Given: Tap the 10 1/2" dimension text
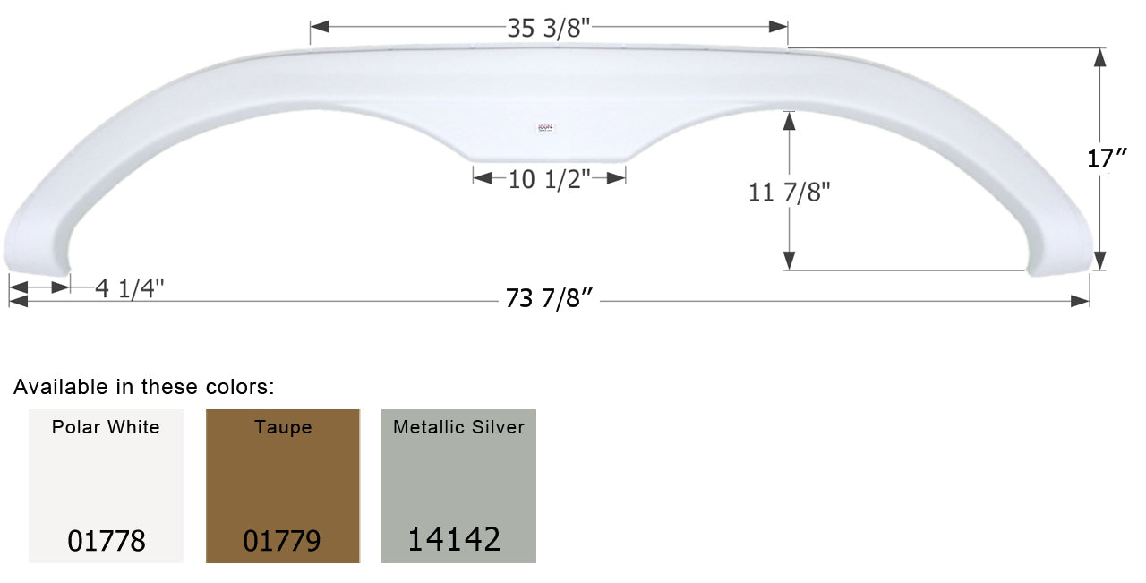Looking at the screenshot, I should point(549,179).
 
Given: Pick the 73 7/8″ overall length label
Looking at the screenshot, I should point(550,301).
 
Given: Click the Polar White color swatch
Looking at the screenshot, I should point(106,485).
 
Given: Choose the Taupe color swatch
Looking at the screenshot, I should point(283,485).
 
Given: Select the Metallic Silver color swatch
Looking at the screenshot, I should point(458,485).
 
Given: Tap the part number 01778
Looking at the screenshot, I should point(106,541).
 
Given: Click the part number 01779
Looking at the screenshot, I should point(282,541).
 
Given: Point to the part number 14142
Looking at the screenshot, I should point(454,539).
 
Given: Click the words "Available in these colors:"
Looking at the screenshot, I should point(144,387).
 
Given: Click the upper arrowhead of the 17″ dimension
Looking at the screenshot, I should point(1100,56).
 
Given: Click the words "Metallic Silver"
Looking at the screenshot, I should point(458,427).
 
